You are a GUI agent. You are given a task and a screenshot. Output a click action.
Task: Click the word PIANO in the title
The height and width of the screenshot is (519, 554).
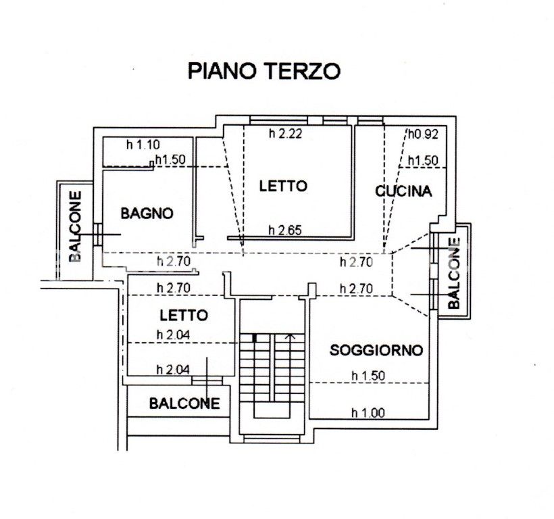tap(222, 71)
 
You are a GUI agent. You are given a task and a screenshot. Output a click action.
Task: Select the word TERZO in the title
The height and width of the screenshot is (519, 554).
tap(303, 71)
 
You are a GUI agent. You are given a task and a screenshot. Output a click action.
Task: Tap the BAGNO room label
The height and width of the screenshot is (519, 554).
tap(147, 214)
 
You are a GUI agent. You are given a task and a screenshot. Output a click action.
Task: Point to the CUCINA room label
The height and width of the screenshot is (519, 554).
tap(403, 191)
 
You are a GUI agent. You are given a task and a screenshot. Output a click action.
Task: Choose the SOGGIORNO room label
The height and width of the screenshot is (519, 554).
tap(376, 350)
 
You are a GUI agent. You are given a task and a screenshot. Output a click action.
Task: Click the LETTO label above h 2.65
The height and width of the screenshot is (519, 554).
tap(283, 186)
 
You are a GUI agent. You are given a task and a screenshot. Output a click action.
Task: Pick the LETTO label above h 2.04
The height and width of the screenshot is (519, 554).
tap(184, 315)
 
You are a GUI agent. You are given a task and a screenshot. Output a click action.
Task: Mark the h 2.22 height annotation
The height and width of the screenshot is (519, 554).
tap(286, 134)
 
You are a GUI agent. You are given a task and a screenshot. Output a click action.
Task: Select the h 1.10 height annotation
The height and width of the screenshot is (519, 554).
tap(143, 145)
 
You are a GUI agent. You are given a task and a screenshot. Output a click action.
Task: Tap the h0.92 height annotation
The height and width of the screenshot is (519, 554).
tap(424, 134)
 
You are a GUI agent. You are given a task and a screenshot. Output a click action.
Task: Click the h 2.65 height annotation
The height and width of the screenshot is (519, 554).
tap(286, 230)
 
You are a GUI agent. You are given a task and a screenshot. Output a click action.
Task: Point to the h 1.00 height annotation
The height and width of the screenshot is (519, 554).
tap(368, 413)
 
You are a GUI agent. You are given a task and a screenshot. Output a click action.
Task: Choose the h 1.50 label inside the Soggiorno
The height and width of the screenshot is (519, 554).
tap(368, 376)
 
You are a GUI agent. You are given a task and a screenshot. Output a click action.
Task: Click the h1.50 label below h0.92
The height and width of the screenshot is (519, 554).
tap(424, 161)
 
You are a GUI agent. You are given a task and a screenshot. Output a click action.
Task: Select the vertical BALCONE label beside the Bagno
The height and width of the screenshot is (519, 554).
tap(75, 226)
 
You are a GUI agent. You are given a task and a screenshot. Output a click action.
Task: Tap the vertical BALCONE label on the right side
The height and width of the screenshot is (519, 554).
tap(454, 273)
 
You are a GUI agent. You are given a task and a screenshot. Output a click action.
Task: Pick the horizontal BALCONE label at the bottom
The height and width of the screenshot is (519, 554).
tap(184, 403)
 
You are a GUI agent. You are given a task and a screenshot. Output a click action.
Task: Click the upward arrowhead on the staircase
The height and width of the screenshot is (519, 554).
tap(290, 337)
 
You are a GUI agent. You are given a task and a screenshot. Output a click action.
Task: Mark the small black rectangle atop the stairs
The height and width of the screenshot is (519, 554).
tap(255, 338)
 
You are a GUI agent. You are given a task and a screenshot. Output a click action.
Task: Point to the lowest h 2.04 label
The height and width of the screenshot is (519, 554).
tap(173, 370)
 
